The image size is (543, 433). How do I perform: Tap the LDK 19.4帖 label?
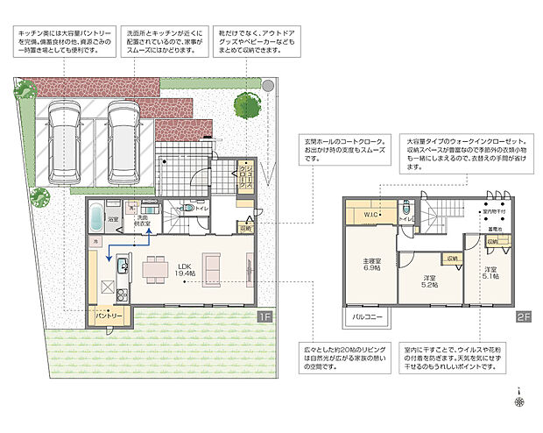click(x=185, y=270)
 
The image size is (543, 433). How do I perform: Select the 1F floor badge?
click(x=264, y=316)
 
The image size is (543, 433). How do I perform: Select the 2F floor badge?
click(x=523, y=316)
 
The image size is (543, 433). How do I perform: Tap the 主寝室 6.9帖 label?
click(x=371, y=264)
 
